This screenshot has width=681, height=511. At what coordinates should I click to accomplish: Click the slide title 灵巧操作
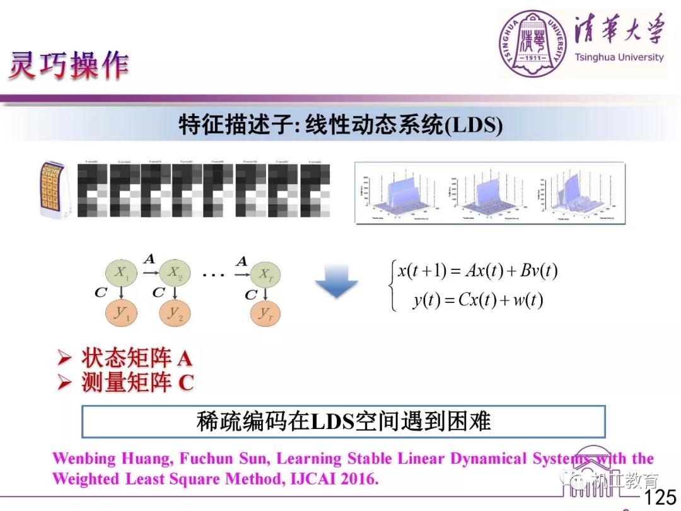(68, 64)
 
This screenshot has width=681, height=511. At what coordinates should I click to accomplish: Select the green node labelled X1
(120, 273)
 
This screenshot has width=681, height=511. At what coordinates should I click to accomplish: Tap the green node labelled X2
(174, 273)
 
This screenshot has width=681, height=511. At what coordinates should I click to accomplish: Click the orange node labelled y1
(120, 313)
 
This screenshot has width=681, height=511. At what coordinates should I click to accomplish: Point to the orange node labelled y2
(174, 313)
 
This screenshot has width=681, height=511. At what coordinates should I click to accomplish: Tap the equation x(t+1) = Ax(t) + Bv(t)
(477, 271)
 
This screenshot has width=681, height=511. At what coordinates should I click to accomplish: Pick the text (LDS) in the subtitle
(473, 126)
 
